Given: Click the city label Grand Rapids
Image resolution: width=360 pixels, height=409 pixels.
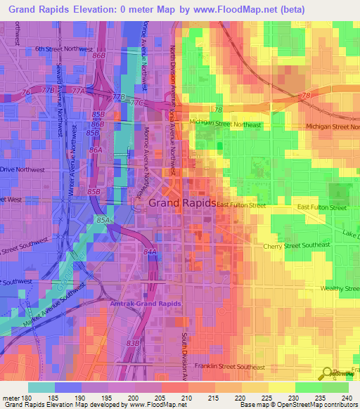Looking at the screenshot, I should click(182, 202).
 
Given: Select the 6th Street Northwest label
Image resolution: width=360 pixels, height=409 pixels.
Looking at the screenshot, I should click(64, 49).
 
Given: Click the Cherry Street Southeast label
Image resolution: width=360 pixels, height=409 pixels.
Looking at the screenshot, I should click(295, 245).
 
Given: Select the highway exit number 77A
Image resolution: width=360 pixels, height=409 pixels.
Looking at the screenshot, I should click(78, 91).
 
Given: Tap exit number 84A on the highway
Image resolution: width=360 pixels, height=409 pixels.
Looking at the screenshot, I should click(150, 251).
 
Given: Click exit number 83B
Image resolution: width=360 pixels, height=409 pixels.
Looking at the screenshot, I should click(133, 342).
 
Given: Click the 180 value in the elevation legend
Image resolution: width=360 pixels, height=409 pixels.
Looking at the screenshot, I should click(26, 398).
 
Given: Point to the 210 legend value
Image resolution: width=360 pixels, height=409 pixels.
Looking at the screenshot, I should click(186, 398).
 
